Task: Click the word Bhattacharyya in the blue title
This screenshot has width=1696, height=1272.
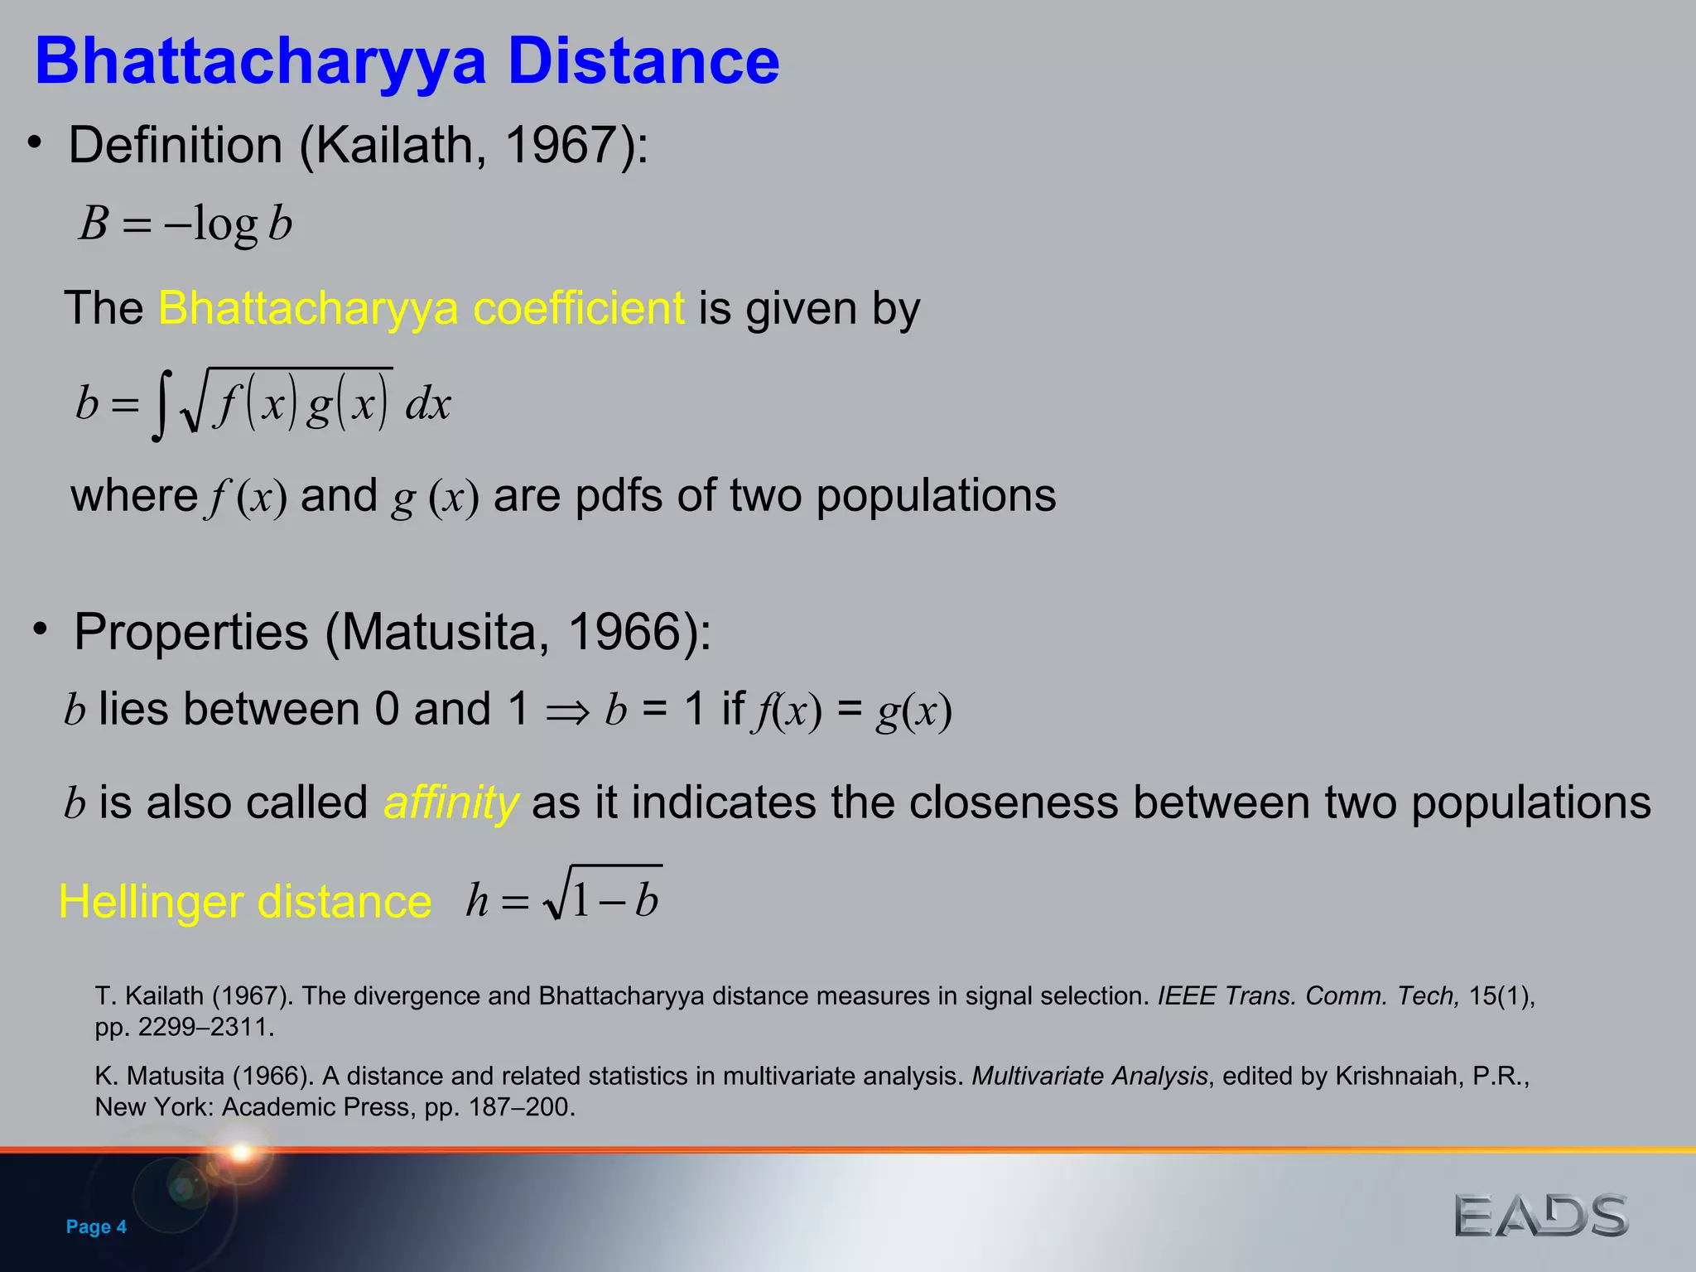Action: tap(260, 63)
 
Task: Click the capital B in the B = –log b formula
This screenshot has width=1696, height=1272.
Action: tap(94, 224)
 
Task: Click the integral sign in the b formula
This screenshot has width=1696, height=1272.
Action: tap(161, 405)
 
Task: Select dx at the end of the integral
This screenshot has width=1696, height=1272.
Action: tap(428, 405)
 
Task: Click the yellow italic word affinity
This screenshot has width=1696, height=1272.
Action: tap(451, 802)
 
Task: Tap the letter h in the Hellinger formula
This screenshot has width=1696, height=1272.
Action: tap(477, 901)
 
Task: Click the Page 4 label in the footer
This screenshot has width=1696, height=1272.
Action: tap(96, 1226)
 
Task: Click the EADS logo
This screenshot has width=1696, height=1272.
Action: tap(1540, 1216)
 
